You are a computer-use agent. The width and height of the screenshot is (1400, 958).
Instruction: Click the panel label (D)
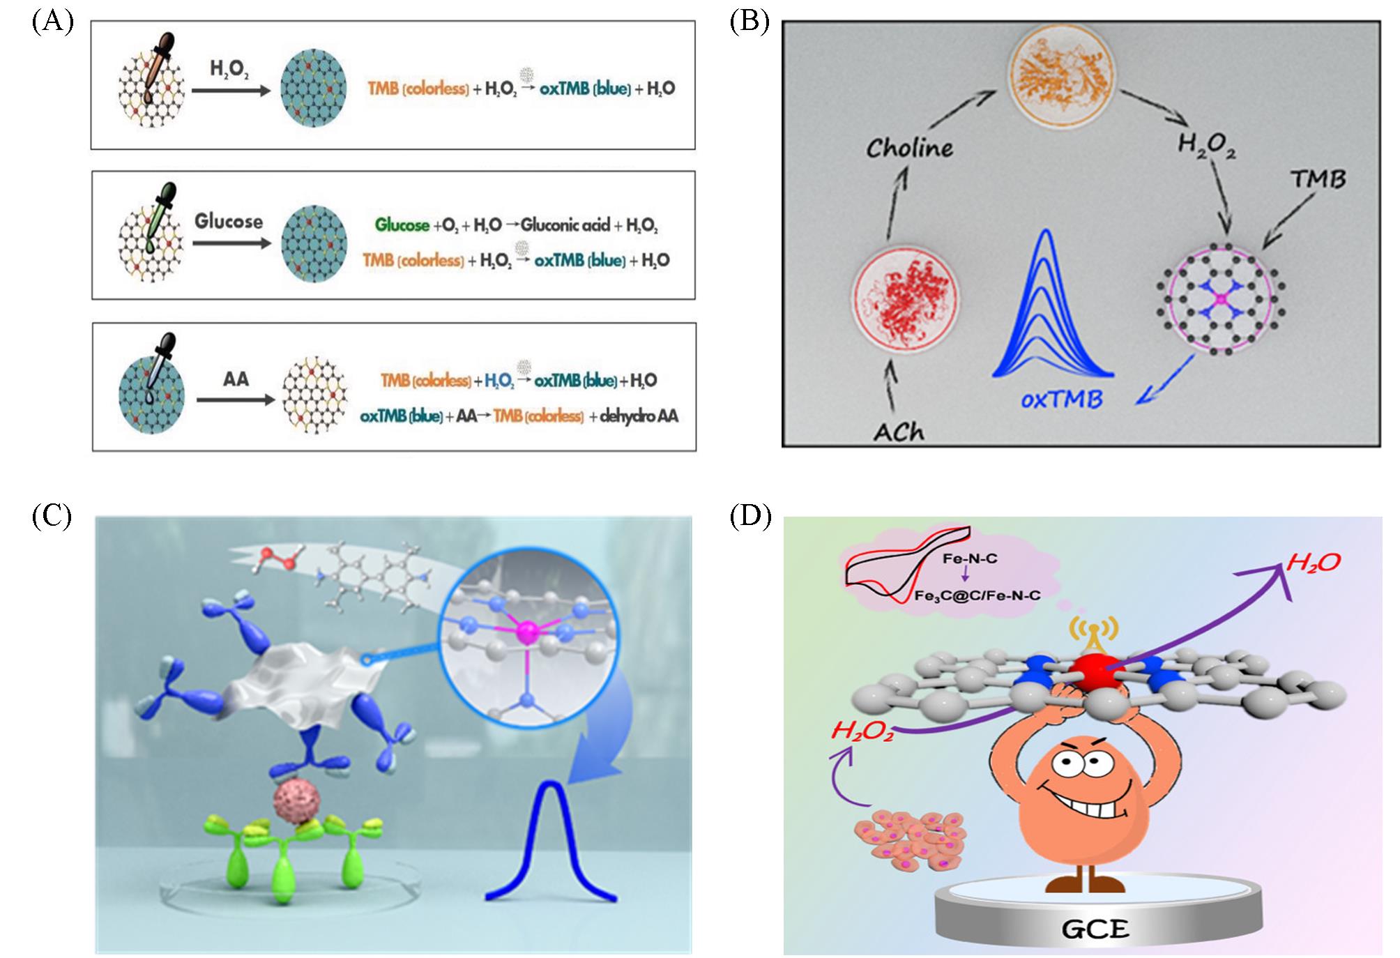click(x=750, y=517)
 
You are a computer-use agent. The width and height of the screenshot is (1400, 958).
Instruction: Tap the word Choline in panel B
click(x=909, y=148)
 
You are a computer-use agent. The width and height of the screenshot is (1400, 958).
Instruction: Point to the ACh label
click(x=899, y=432)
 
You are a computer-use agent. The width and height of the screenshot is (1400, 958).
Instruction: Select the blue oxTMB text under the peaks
click(x=1061, y=400)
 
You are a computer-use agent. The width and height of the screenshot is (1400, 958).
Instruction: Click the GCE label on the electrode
click(x=1095, y=929)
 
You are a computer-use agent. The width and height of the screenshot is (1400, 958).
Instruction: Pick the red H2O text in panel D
click(x=1314, y=563)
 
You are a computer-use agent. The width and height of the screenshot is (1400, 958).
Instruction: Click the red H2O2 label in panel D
click(x=862, y=731)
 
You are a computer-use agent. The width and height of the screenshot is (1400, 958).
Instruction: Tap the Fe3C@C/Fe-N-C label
click(x=977, y=595)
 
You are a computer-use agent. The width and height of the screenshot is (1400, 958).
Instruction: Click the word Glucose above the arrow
click(x=229, y=221)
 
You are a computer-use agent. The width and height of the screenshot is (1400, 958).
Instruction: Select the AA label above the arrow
click(x=236, y=379)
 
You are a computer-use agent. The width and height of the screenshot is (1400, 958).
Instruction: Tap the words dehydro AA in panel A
click(x=639, y=417)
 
